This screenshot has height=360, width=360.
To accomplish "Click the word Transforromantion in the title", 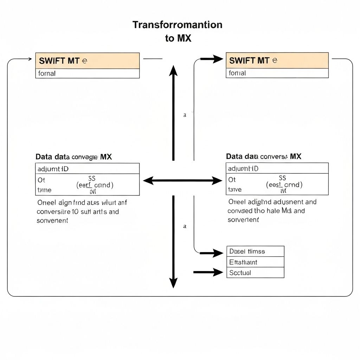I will pos(178,25).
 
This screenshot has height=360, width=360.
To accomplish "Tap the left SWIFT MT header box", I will pos(88,60).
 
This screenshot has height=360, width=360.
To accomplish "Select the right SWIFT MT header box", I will pos(277,60).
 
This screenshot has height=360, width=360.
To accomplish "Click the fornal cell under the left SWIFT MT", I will pos(88,73).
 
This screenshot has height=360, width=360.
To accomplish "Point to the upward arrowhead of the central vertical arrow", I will pos(173,71).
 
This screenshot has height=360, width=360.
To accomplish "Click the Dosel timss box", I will pos(255,251).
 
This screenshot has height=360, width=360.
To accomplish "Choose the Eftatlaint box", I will pos(255,262).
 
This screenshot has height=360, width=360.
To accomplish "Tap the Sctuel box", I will pos(255,272).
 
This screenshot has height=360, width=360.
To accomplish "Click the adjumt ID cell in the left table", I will pos(88,169).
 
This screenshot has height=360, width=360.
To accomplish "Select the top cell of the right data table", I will pos(277,168).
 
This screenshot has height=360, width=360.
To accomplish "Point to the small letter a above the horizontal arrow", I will pos(185,115).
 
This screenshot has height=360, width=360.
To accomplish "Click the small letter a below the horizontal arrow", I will pos(185,227).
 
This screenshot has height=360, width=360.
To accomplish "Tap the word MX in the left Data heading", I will pos(106,157).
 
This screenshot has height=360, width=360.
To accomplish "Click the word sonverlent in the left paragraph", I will pos(52,220).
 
